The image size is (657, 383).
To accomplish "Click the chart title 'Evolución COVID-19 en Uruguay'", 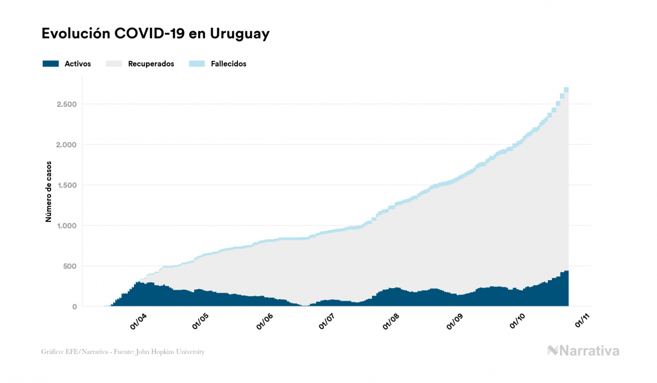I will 155,34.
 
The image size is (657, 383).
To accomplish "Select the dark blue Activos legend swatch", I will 51,64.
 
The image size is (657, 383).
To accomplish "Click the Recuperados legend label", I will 151,64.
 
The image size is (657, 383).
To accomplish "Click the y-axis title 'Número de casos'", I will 49,191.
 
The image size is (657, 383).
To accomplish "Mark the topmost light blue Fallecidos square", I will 566,89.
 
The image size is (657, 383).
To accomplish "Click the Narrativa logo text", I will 589,351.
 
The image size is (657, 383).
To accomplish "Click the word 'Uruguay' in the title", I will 240,34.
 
